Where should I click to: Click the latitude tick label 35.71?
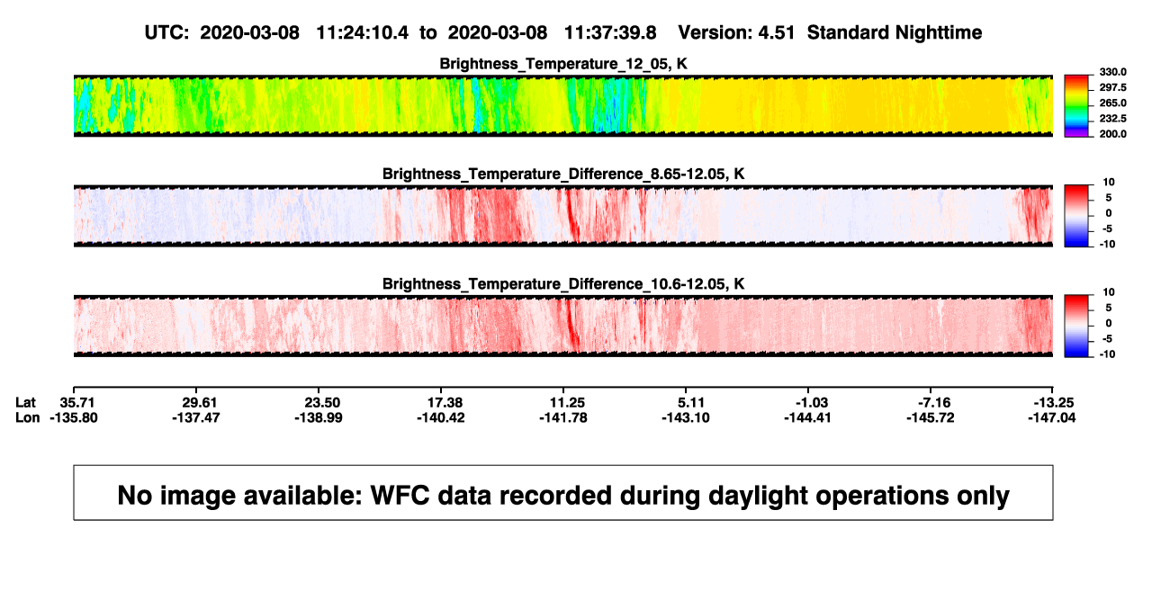click(x=76, y=403)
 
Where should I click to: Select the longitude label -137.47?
click(x=196, y=417)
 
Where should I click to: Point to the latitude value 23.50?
click(x=322, y=403)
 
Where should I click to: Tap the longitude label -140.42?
click(x=441, y=417)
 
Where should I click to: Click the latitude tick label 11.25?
click(x=567, y=403)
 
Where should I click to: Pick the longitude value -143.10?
click(x=686, y=417)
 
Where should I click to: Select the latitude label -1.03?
click(x=812, y=403)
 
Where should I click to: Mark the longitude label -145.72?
click(x=931, y=417)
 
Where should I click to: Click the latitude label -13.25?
click(x=1054, y=403)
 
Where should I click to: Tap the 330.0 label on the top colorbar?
click(x=1112, y=72)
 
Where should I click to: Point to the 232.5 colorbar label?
click(x=1112, y=119)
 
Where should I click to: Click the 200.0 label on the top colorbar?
click(x=1112, y=134)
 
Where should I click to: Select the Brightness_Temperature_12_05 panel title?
click(x=563, y=64)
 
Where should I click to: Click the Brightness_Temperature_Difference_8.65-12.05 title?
click(x=563, y=174)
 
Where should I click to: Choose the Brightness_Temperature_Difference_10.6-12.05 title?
click(x=563, y=284)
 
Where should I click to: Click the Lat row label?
click(x=25, y=403)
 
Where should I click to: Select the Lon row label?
click(x=27, y=417)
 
